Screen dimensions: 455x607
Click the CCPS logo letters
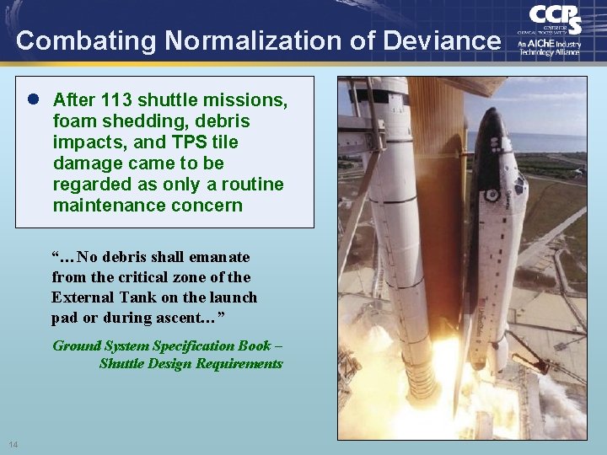click(555, 18)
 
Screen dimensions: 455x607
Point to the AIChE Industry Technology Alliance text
click(550, 45)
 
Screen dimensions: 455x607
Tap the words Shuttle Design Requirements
click(191, 363)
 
